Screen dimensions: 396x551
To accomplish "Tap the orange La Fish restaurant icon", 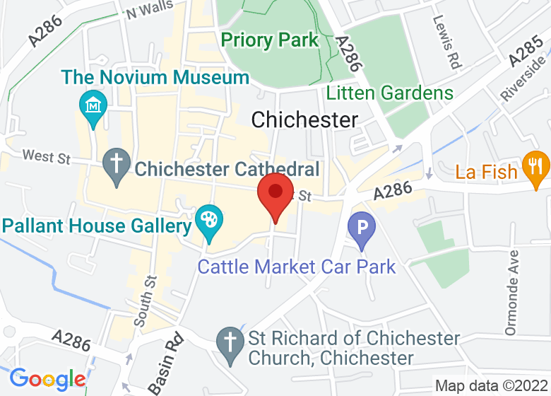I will pos(535,167).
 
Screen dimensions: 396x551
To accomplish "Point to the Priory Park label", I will pos(270,40).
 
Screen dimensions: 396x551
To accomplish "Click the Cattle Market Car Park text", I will pos(297,267).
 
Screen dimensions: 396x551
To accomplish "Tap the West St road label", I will pos(47,156).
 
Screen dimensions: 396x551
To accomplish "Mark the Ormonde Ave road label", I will pos(512,291).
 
